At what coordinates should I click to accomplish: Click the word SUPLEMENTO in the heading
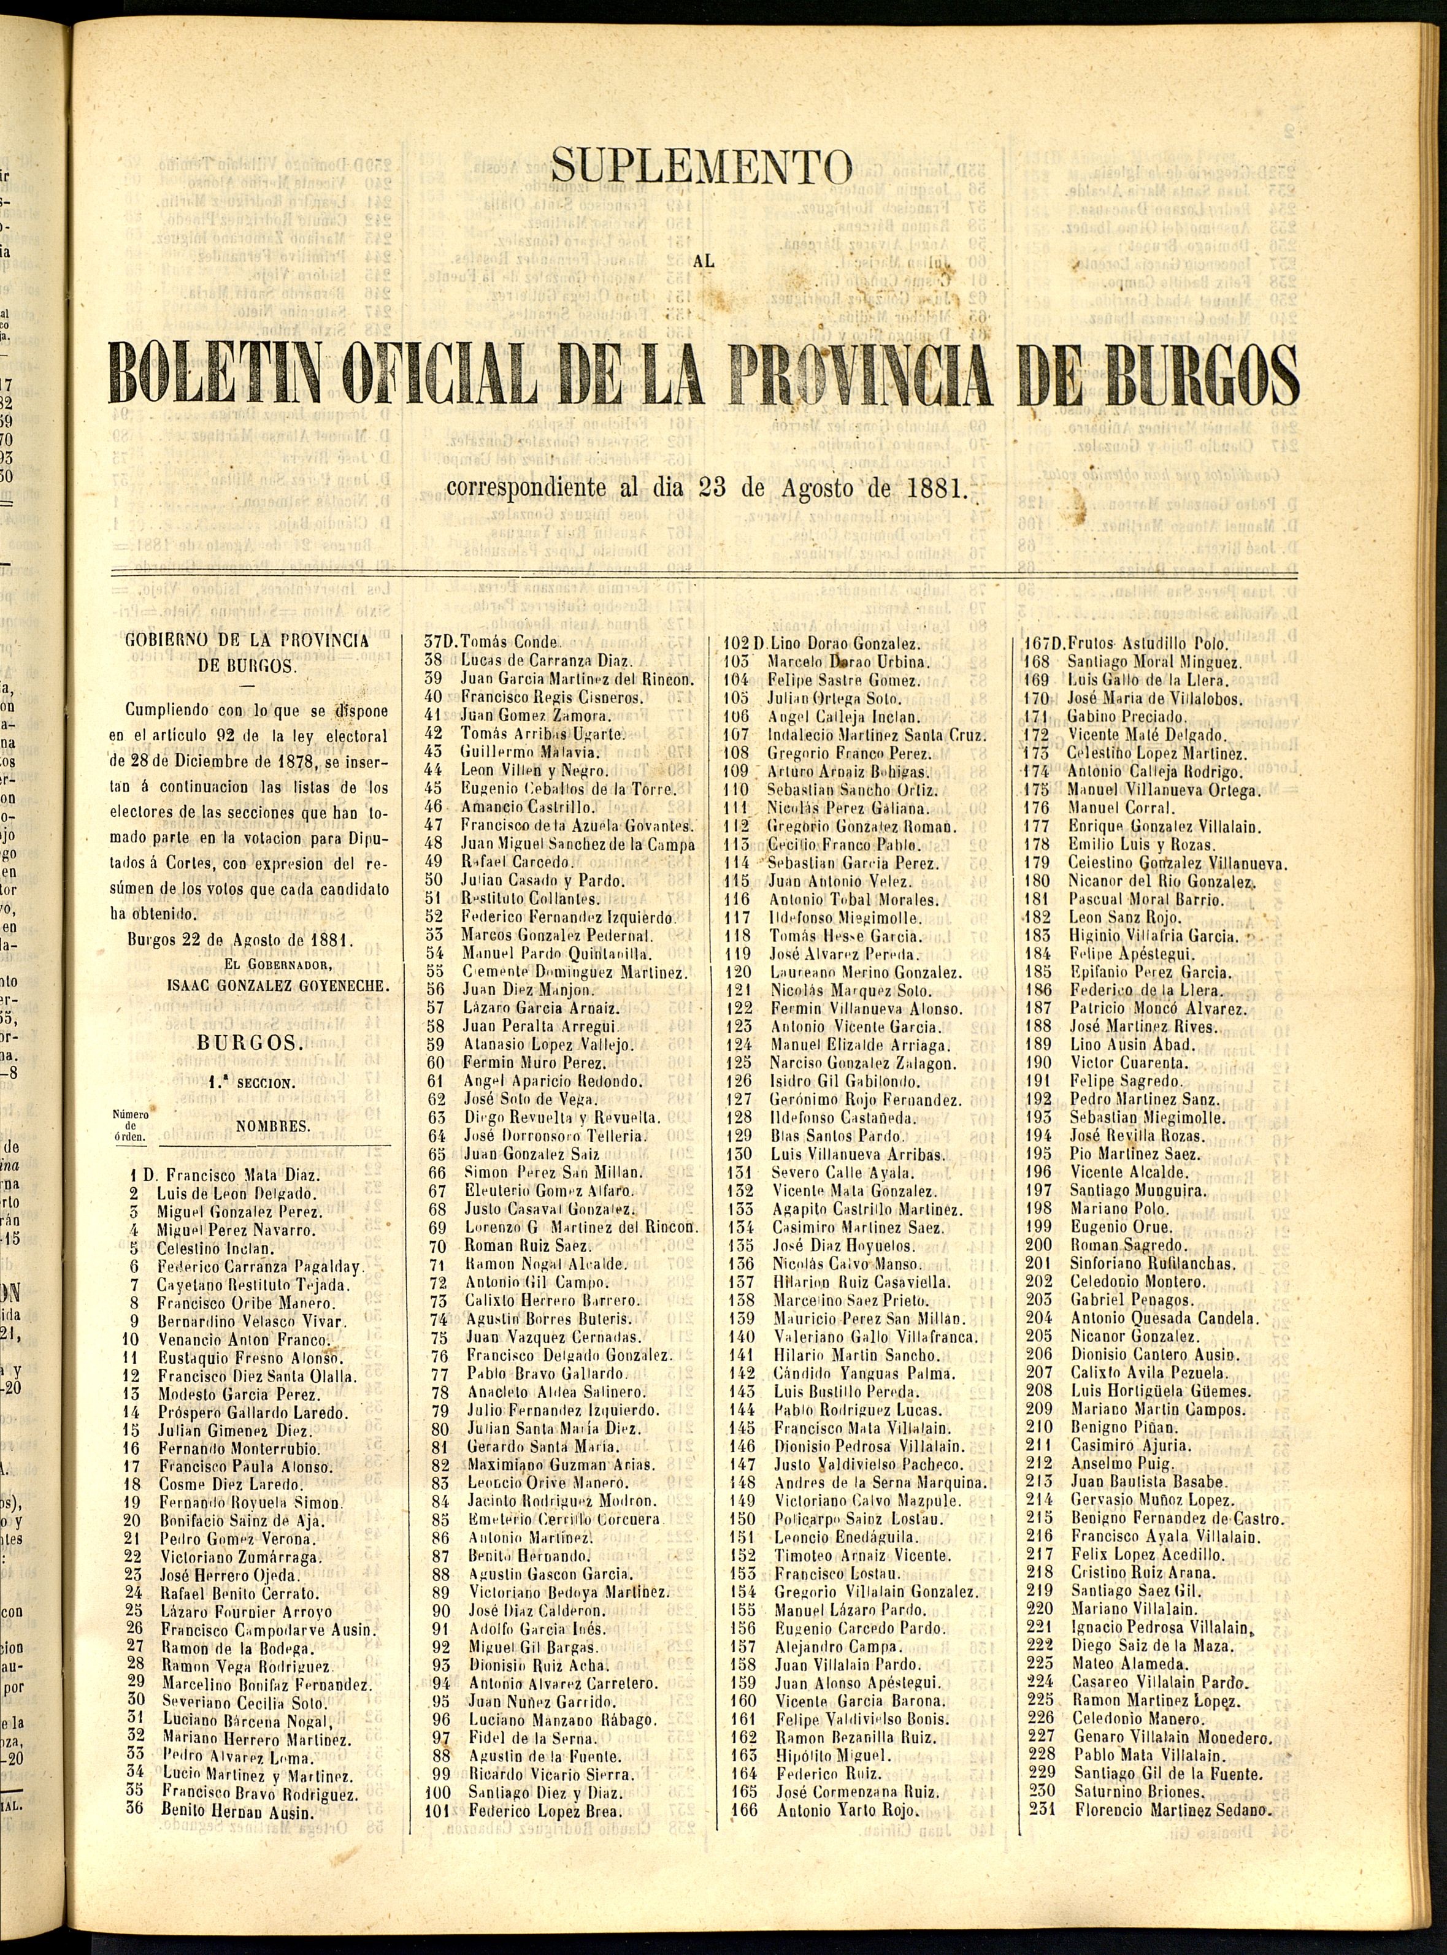coord(702,166)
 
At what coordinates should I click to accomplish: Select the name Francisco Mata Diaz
coord(243,1175)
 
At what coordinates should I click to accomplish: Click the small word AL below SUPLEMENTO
coord(702,259)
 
